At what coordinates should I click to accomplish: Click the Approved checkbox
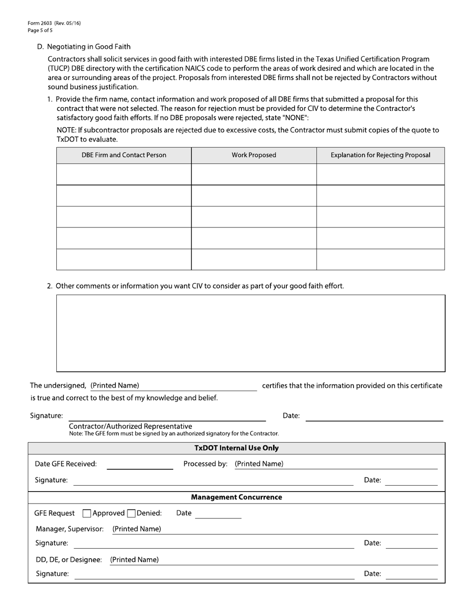coord(87,513)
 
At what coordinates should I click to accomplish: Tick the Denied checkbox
coord(131,513)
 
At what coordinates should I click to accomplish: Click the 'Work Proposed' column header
coord(254,155)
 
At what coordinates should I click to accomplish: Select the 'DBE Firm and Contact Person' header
coord(124,155)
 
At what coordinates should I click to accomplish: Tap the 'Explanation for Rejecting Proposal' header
coord(380,155)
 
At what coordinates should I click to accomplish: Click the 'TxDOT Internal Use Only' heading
coord(236,448)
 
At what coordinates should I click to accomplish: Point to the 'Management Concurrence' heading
coord(236,498)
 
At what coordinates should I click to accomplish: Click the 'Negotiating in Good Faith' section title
coord(89,47)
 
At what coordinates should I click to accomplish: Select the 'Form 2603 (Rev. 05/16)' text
coord(54,23)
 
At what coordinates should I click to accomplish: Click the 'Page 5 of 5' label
coord(40,30)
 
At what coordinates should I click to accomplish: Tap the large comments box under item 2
coord(250,333)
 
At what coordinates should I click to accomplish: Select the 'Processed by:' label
coord(205,464)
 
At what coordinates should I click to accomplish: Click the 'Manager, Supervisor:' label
coord(70,529)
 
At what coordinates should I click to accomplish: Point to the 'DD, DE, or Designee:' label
coord(69,560)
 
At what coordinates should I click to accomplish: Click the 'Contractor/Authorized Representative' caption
coord(130,426)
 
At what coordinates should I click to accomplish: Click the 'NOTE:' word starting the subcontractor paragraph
coord(66,130)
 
